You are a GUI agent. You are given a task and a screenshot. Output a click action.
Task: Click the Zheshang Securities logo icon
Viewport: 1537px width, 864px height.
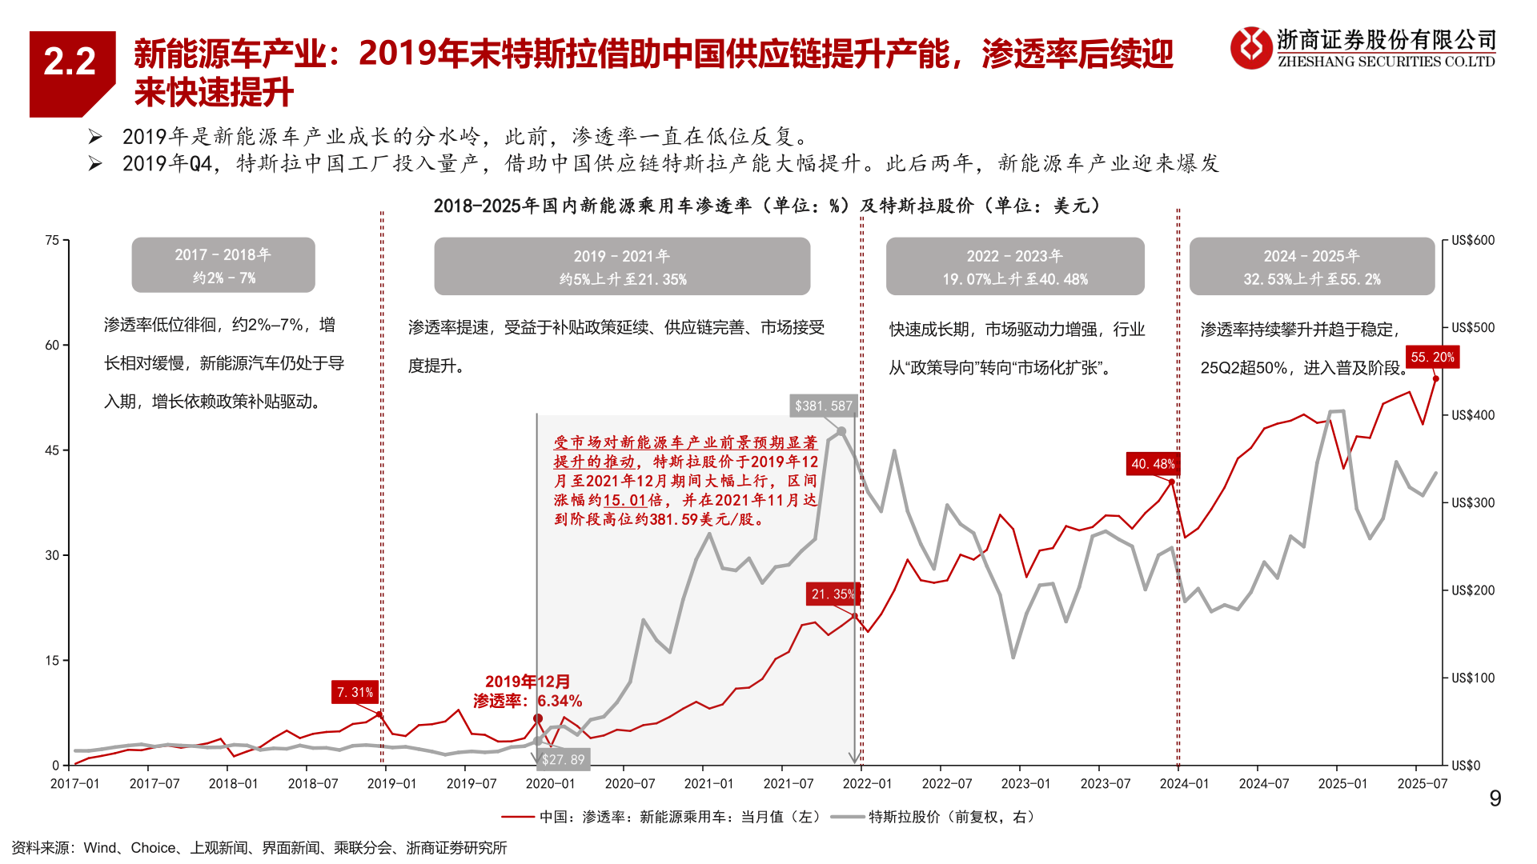(x=1250, y=48)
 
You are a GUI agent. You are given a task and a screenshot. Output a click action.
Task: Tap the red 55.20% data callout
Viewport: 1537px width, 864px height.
(x=1432, y=357)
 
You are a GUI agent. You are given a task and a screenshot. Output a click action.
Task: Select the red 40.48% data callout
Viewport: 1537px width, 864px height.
(x=1153, y=464)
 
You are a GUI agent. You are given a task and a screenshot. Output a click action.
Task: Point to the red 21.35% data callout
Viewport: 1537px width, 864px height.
(x=833, y=594)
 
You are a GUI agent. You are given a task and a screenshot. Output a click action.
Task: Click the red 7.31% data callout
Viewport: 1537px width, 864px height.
(x=355, y=692)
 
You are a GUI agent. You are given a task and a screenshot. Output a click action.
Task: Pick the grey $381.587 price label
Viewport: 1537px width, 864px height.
(x=823, y=406)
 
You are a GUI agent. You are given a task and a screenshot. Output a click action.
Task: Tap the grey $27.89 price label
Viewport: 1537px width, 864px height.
(x=563, y=759)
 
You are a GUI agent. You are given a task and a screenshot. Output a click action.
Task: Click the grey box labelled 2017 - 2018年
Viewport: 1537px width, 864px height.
(x=223, y=265)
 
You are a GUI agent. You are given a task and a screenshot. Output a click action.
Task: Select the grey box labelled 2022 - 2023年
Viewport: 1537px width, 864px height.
(x=1014, y=266)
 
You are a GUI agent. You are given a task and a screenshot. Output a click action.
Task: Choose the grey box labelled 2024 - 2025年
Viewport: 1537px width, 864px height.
(x=1311, y=266)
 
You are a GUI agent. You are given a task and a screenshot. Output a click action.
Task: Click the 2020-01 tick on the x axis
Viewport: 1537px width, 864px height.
(x=550, y=784)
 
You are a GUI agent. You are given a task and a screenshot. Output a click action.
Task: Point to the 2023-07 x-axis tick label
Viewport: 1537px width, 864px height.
(x=1105, y=784)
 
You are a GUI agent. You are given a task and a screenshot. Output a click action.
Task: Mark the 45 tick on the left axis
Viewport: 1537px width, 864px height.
(x=52, y=450)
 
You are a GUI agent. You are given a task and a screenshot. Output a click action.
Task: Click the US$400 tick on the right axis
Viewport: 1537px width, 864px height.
(x=1472, y=415)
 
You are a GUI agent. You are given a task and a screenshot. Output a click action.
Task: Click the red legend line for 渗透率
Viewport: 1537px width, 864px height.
(x=517, y=817)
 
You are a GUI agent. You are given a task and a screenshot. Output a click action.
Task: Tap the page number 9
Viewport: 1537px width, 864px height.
(x=1495, y=798)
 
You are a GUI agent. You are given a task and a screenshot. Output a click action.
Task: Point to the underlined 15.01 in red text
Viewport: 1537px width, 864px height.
(x=624, y=500)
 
